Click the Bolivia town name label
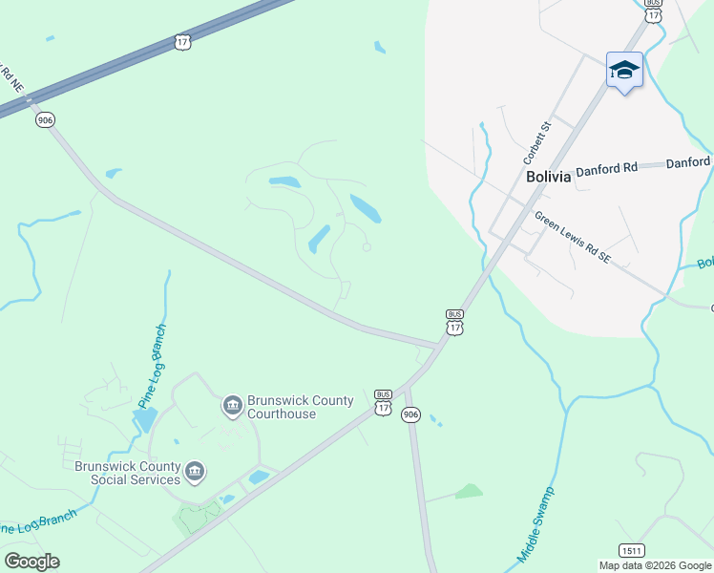click(x=548, y=177)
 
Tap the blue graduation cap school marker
click(x=624, y=70)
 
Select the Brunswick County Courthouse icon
click(x=232, y=407)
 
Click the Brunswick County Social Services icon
click(x=195, y=472)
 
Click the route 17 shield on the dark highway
click(x=182, y=41)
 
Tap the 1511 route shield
click(x=631, y=551)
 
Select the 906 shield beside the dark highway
click(x=45, y=120)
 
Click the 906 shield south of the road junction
click(x=410, y=414)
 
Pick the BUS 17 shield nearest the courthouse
click(x=383, y=402)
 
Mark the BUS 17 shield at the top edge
click(x=653, y=11)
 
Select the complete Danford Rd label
click(x=605, y=168)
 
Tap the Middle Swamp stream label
click(x=536, y=524)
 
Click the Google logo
click(x=31, y=562)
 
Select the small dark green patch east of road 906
click(x=469, y=492)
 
